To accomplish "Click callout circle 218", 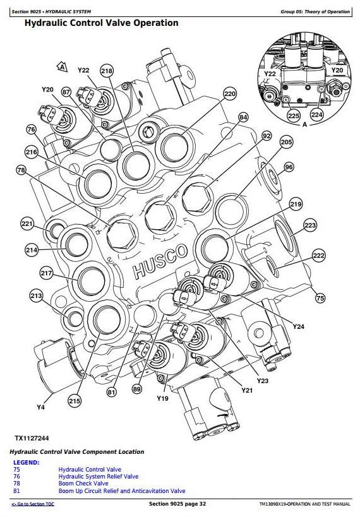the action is (107, 71).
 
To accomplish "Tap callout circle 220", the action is (230, 94).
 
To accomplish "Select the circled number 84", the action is (243, 117).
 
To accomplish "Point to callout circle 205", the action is (286, 142).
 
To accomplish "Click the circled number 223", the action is (310, 225).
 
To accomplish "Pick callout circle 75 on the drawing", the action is (320, 299).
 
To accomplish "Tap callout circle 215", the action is (75, 401).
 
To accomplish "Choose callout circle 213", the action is (36, 295).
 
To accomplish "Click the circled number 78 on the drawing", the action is (21, 170).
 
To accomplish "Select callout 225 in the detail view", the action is (293, 116).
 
